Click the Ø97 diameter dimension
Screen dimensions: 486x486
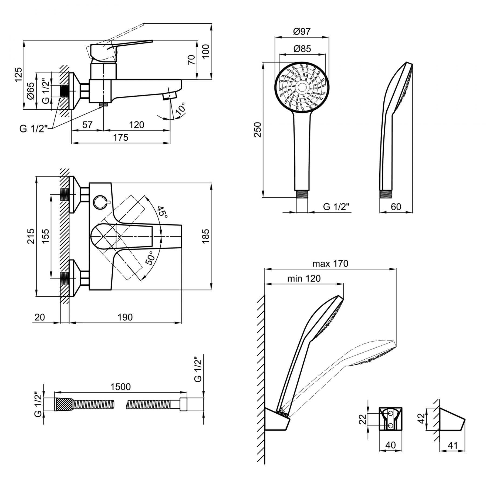tap(302, 32)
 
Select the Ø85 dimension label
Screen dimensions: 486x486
tap(302, 49)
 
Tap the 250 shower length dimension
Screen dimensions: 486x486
tap(258, 130)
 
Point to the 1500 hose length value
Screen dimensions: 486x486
tap(120, 387)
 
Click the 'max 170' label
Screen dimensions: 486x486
tap(330, 264)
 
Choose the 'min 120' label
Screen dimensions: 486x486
tap(304, 278)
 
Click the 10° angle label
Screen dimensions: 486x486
tap(181, 109)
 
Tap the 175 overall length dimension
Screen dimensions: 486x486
tap(121, 138)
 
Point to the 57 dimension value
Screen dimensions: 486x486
tap(87, 125)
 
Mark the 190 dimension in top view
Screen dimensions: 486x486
tap(125, 317)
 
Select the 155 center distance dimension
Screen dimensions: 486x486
tap(46, 236)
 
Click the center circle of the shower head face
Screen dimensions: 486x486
tap(302, 87)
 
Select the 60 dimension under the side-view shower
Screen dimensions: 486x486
tap(396, 207)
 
